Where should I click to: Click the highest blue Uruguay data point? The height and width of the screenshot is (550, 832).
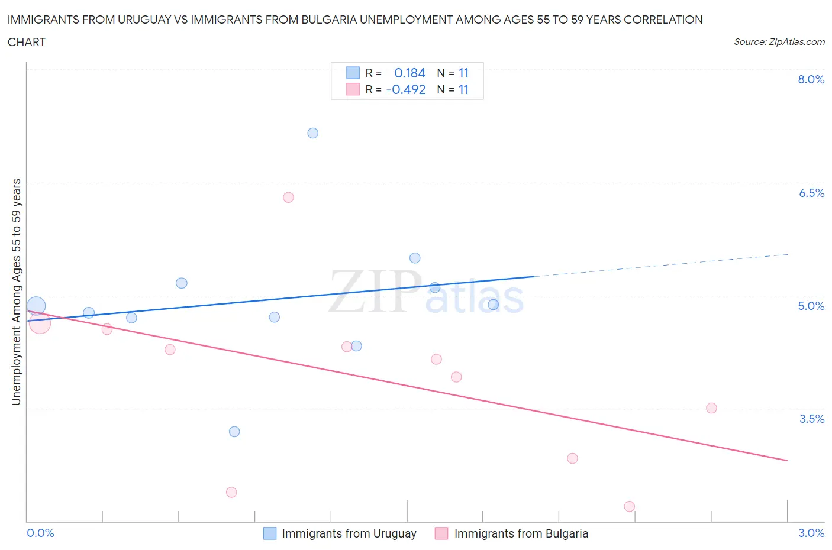tap(313, 133)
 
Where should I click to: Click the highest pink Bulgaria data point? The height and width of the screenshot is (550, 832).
tap(288, 198)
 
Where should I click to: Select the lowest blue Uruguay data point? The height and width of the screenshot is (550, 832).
tap(234, 432)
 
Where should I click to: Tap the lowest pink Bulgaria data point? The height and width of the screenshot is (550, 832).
tap(629, 506)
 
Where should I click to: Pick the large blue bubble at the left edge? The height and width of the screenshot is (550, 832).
tap(36, 306)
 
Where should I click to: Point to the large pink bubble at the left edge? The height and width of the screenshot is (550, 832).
tap(40, 323)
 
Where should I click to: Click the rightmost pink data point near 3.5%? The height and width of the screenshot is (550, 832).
tap(711, 408)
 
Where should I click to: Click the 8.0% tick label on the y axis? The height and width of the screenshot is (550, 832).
tap(811, 80)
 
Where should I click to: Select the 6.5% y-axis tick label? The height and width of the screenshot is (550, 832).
tap(811, 193)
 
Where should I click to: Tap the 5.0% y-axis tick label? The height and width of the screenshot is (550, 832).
tap(811, 306)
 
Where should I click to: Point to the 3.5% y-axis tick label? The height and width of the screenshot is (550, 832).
tap(811, 419)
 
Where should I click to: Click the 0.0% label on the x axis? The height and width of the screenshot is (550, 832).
tap(41, 533)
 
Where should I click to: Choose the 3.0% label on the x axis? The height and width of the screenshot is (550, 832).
tap(811, 533)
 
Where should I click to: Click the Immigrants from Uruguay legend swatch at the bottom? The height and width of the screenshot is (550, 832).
tap(269, 533)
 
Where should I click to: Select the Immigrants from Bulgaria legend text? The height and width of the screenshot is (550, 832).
tap(521, 533)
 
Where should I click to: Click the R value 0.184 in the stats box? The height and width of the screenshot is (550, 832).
tap(409, 73)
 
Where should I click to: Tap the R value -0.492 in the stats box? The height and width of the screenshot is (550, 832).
tap(406, 89)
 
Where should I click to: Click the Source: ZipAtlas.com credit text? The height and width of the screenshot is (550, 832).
tap(779, 42)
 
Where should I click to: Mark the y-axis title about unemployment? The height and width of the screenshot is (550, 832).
tap(16, 292)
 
